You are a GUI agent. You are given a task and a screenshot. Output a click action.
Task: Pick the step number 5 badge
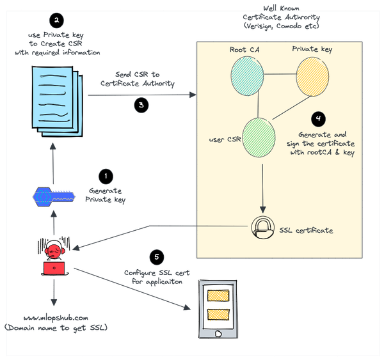click(157, 258)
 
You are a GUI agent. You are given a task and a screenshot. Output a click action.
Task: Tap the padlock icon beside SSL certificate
click(262, 228)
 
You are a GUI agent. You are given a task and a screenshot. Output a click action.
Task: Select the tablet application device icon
click(220, 309)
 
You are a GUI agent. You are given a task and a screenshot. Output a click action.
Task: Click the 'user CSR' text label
click(225, 137)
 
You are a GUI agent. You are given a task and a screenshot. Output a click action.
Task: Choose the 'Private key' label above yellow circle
click(312, 49)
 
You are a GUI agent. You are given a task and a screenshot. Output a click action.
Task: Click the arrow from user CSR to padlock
click(262, 189)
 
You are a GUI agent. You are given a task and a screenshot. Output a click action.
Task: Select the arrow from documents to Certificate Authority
click(141, 95)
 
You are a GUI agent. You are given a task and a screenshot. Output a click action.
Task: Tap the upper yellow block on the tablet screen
click(220, 295)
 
